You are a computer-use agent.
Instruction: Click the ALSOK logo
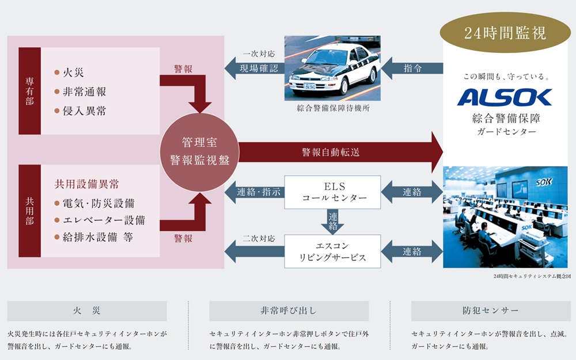coord(505,97)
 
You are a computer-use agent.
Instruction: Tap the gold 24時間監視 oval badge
coord(505,33)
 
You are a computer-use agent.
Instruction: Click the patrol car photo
coord(333,67)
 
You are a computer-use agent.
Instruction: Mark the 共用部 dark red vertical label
coord(29,211)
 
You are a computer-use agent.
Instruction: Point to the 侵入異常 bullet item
coord(84,111)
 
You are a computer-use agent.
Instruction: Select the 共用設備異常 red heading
coord(86,184)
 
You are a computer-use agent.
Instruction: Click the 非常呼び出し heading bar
coord(289,311)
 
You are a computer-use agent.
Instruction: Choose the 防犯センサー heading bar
coord(491,311)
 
